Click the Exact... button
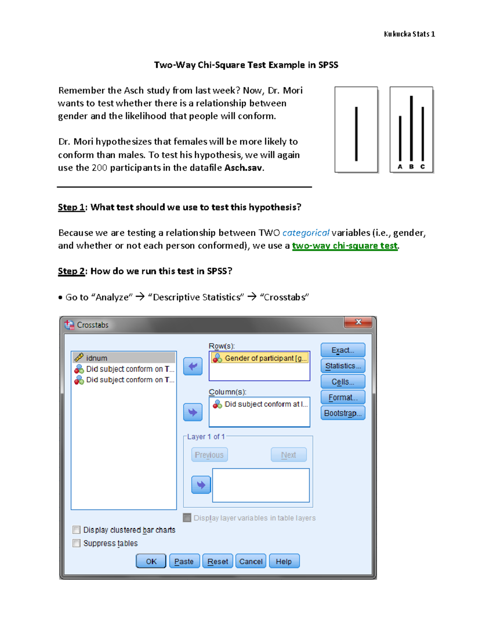coord(343,350)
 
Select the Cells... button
coord(343,382)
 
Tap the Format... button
coord(343,397)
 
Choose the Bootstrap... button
coord(343,413)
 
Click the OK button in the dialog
coord(151,561)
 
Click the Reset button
coord(218,561)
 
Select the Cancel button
coord(251,561)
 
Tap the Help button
coord(284,561)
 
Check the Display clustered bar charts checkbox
coord(76,530)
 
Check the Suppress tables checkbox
coord(76,543)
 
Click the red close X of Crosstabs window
coord(358,322)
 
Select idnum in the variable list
coord(97,358)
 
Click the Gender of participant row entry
coord(260,358)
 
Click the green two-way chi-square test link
coord(345,246)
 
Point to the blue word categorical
coord(306,233)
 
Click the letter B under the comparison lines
coord(411,167)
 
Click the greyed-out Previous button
coord(209,455)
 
